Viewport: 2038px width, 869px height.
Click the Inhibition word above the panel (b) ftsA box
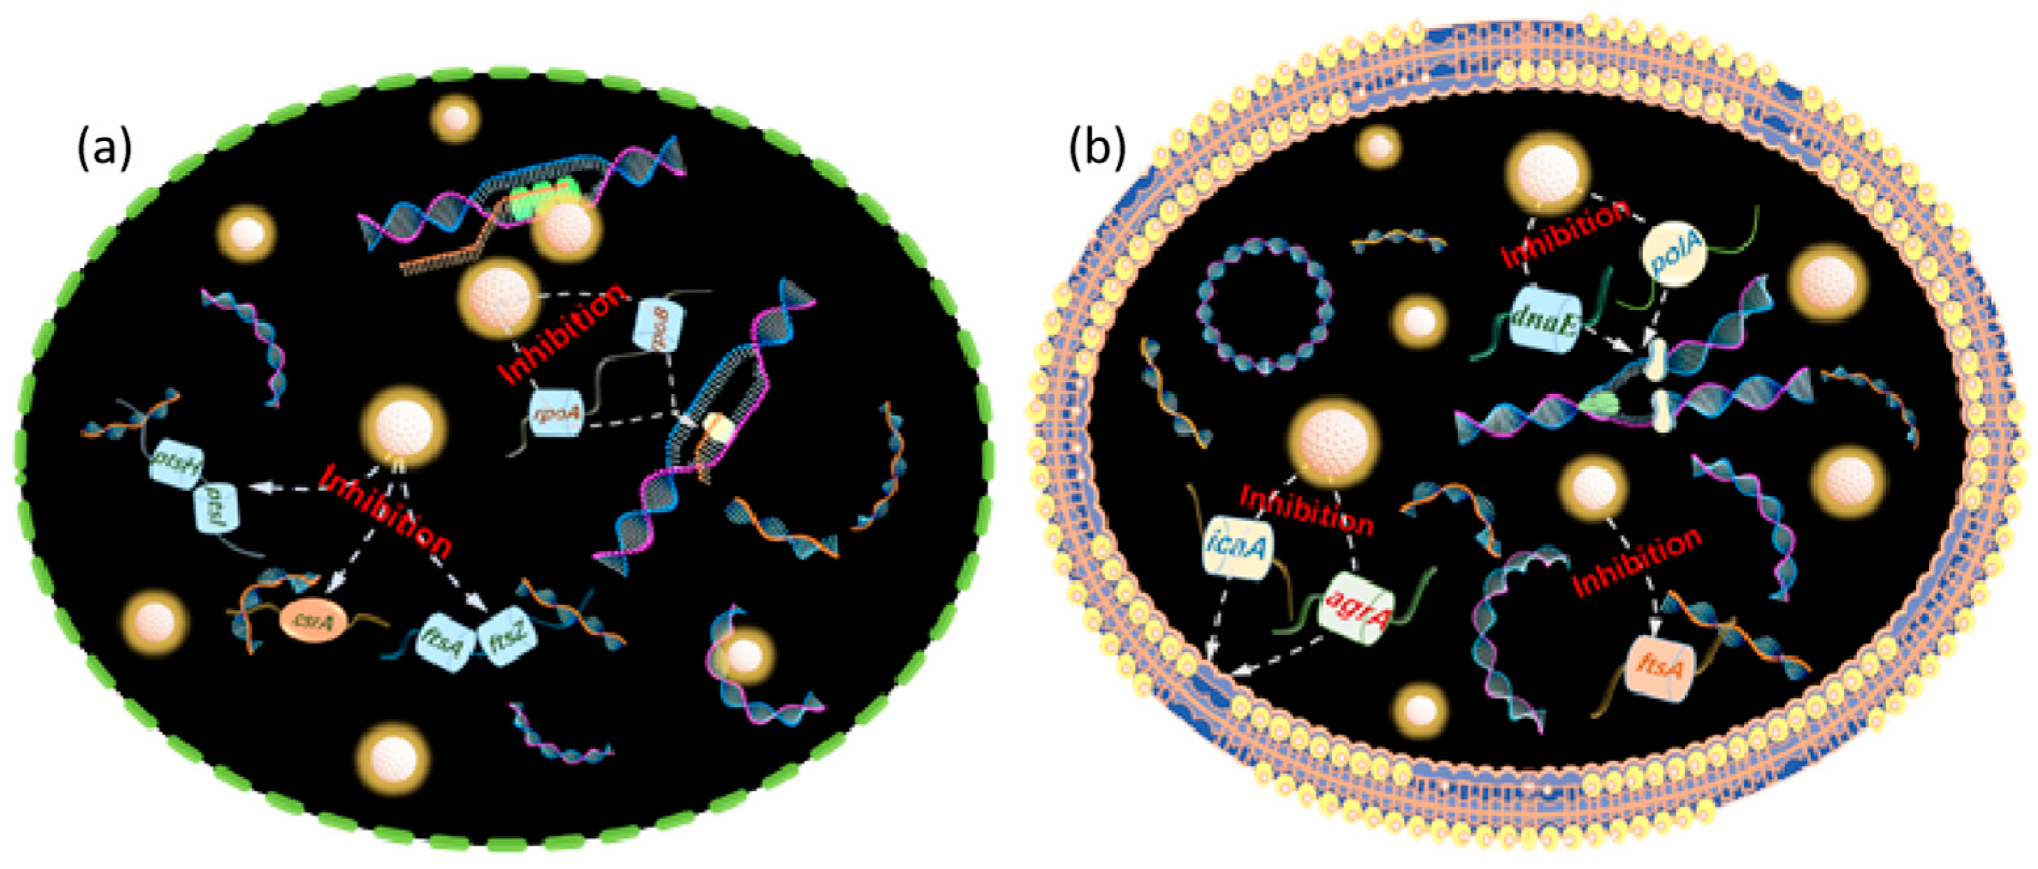click(1638, 562)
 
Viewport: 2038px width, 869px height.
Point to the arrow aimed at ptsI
click(285, 490)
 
